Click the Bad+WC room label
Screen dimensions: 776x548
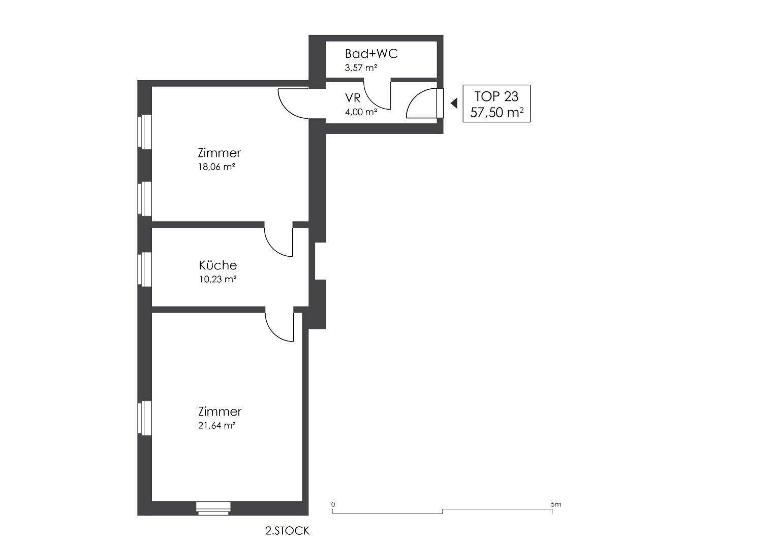pyautogui.click(x=371, y=54)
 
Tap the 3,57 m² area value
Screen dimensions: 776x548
pyautogui.click(x=361, y=68)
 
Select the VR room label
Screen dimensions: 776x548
pyautogui.click(x=353, y=98)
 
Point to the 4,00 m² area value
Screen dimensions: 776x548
pyautogui.click(x=361, y=112)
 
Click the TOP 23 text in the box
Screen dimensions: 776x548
pyautogui.click(x=496, y=96)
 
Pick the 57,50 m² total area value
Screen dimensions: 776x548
pyautogui.click(x=496, y=113)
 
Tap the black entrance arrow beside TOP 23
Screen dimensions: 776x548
pyautogui.click(x=454, y=103)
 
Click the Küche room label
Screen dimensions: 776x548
pyautogui.click(x=218, y=265)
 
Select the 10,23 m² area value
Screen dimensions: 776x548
pyautogui.click(x=218, y=279)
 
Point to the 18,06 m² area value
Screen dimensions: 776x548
pyautogui.click(x=217, y=167)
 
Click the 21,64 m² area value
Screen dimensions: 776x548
pyautogui.click(x=217, y=426)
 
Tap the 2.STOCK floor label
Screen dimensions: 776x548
pyautogui.click(x=287, y=531)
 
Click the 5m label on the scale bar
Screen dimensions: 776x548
pyautogui.click(x=555, y=504)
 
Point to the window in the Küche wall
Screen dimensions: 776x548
pyautogui.click(x=145, y=269)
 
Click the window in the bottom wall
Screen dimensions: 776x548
pyautogui.click(x=213, y=508)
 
